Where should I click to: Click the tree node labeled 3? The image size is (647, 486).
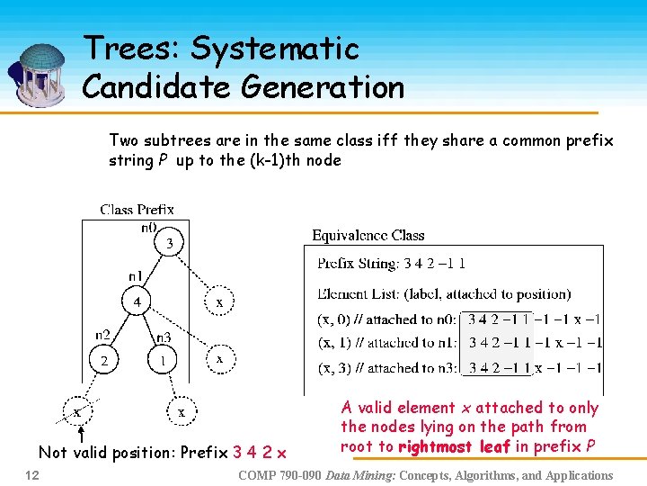click(170, 243)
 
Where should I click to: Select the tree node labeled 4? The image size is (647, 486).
click(137, 301)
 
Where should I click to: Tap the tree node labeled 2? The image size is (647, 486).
click(103, 360)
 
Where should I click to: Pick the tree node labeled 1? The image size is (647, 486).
click(163, 360)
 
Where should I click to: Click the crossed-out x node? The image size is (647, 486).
click(78, 411)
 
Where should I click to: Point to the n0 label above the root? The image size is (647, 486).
click(149, 227)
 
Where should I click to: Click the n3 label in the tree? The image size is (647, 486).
click(164, 338)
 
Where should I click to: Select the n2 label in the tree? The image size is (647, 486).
click(104, 336)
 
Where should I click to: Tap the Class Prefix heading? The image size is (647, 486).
click(137, 210)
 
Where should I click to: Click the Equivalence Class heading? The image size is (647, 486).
click(368, 235)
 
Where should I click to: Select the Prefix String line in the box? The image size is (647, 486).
click(391, 264)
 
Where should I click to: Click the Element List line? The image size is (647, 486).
click(444, 293)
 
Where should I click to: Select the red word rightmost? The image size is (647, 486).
click(435, 445)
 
